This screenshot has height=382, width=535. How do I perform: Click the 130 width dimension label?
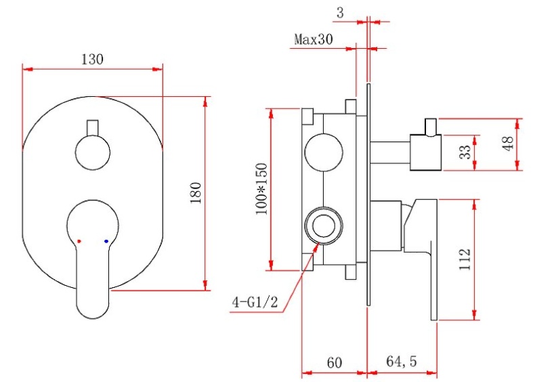92,59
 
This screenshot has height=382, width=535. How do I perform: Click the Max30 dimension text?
314,39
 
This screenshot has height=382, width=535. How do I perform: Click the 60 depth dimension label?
334,362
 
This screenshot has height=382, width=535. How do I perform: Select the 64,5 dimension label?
402,362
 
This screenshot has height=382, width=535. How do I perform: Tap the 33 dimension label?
465,152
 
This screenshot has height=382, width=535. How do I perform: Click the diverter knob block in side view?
425,152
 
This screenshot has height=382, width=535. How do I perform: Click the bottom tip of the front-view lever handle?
93,313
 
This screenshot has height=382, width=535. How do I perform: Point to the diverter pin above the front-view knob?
93,127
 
